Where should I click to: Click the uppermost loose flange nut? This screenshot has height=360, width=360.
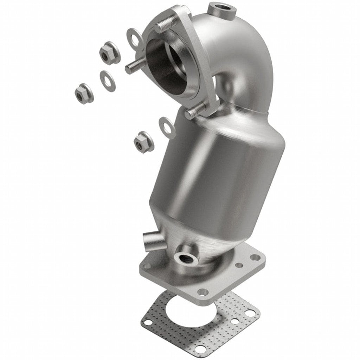pyautogui.click(x=108, y=53)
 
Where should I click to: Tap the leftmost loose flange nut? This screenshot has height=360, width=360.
pyautogui.click(x=84, y=93)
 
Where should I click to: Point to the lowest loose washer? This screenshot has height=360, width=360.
pyautogui.click(x=167, y=127)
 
